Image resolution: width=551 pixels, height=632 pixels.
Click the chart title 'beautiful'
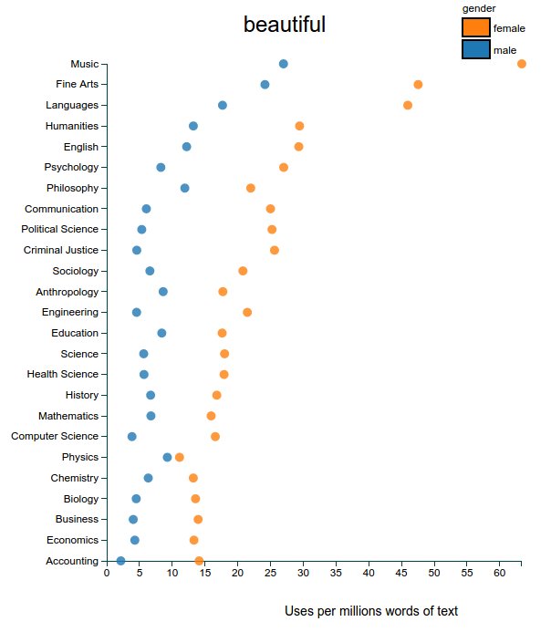pyautogui.click(x=284, y=25)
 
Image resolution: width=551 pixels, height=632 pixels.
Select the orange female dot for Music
pyautogui.click(x=522, y=64)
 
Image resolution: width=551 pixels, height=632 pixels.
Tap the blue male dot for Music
pyautogui.click(x=283, y=64)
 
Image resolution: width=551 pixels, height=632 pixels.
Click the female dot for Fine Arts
pyautogui.click(x=418, y=85)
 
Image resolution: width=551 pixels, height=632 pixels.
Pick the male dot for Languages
pyautogui.click(x=223, y=105)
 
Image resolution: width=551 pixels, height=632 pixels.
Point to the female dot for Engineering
pyautogui.click(x=247, y=313)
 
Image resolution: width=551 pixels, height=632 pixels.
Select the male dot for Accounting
pyautogui.click(x=120, y=561)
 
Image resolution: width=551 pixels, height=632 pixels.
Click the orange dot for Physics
pyautogui.click(x=179, y=457)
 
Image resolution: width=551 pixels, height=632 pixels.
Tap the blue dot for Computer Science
pyautogui.click(x=131, y=437)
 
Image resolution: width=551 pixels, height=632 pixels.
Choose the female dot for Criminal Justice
pyautogui.click(x=275, y=250)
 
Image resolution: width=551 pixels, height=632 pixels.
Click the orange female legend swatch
pyautogui.click(x=475, y=28)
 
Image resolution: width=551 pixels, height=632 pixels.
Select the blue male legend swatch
pyautogui.click(x=475, y=50)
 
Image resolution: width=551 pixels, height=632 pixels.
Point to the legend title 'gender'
pyautogui.click(x=479, y=8)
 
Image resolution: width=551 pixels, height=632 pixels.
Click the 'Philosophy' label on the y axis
pyautogui.click(x=72, y=188)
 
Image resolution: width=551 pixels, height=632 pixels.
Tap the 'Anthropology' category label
pyautogui.click(x=67, y=292)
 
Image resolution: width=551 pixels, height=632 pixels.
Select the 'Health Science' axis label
pyautogui.click(x=63, y=374)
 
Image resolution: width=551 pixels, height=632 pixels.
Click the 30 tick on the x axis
pyautogui.click(x=303, y=574)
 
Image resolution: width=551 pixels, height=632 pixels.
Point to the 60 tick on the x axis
pyautogui.click(x=499, y=574)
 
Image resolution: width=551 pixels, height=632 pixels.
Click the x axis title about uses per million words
pyautogui.click(x=371, y=610)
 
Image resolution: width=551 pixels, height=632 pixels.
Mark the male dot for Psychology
pyautogui.click(x=161, y=168)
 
